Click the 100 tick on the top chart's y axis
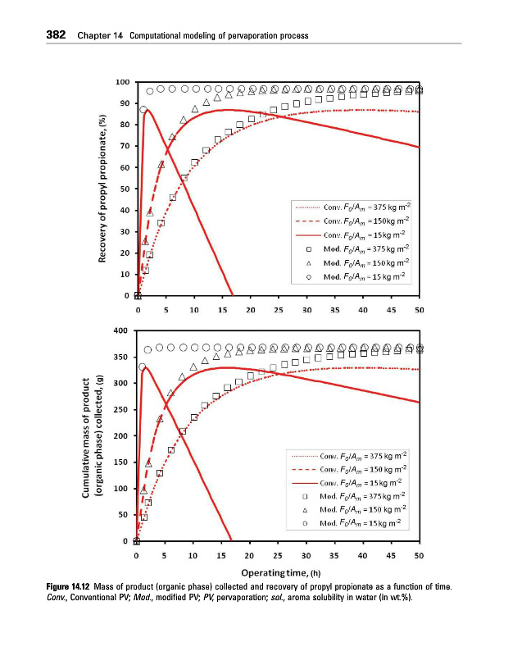[122, 82]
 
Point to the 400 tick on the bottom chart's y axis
[122, 330]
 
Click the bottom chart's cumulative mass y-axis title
[93, 436]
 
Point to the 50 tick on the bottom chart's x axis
[418, 556]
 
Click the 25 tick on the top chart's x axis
[278, 310]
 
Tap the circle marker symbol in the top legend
[307, 276]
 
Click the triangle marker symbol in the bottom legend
[306, 509]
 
